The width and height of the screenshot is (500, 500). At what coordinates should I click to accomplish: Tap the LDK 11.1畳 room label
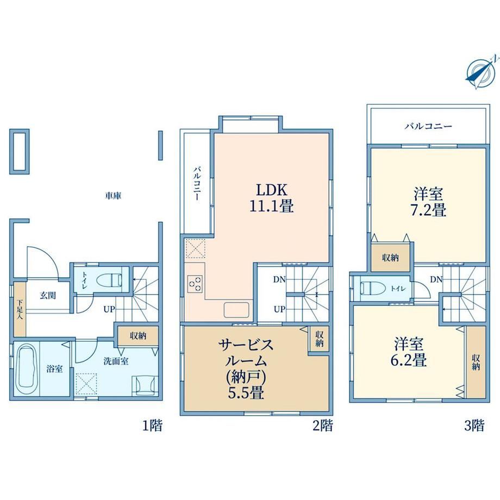tap(272, 198)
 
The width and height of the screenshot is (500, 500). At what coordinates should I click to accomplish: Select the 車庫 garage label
tap(113, 195)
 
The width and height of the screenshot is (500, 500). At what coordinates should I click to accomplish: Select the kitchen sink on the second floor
tap(236, 310)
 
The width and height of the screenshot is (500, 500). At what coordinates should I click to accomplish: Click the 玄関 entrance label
tap(48, 295)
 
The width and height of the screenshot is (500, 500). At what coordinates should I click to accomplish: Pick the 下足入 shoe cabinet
tap(20, 309)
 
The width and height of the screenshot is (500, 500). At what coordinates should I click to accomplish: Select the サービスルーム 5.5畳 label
tap(246, 368)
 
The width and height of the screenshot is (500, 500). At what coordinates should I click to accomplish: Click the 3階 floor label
tap(474, 426)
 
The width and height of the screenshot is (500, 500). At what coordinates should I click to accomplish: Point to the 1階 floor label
tap(152, 426)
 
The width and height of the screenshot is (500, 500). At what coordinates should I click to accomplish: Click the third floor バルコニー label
tap(428, 127)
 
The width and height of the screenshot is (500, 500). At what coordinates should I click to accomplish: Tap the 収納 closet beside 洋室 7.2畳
tap(390, 258)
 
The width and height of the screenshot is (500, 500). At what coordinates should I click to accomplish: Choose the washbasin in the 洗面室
tap(145, 385)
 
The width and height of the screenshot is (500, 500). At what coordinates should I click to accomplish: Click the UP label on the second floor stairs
tap(279, 309)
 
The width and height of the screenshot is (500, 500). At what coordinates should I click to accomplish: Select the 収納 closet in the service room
tap(319, 339)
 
